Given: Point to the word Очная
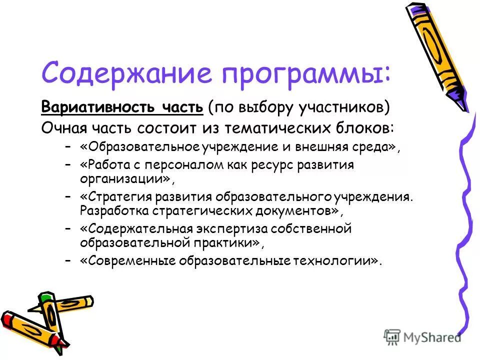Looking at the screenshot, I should (x=63, y=127).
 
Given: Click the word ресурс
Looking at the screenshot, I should (x=282, y=165).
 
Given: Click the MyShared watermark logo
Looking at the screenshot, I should (x=422, y=337).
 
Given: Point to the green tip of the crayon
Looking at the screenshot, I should (x=46, y=297).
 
